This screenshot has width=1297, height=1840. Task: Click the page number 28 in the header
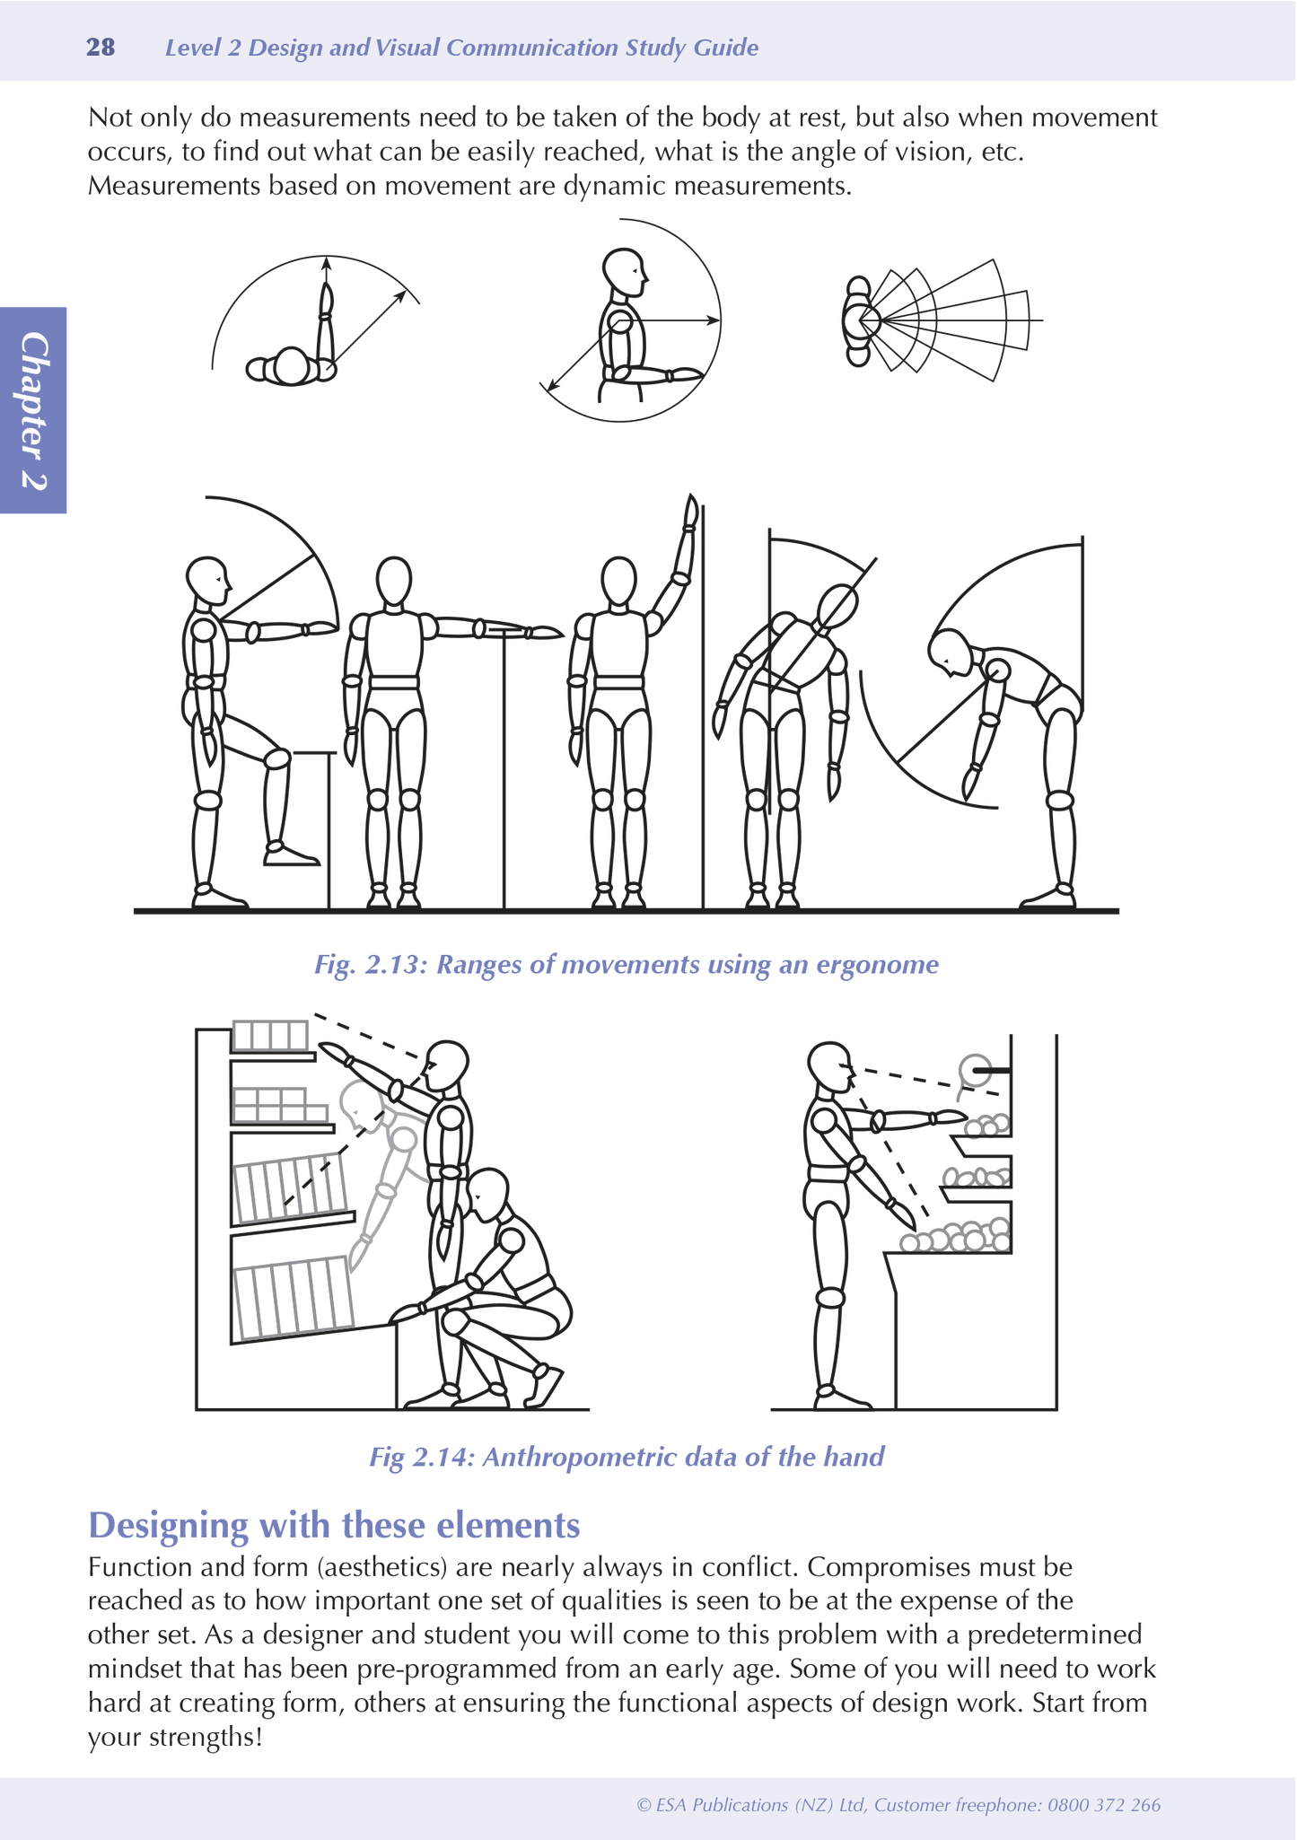click(x=101, y=48)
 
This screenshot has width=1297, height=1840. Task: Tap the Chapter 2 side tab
click(x=34, y=410)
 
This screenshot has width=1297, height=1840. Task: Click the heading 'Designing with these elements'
click(x=334, y=1525)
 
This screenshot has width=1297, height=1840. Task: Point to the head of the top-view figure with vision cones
click(x=858, y=320)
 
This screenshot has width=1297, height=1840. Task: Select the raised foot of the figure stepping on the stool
click(x=291, y=854)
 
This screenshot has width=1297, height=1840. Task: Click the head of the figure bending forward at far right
click(x=951, y=653)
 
